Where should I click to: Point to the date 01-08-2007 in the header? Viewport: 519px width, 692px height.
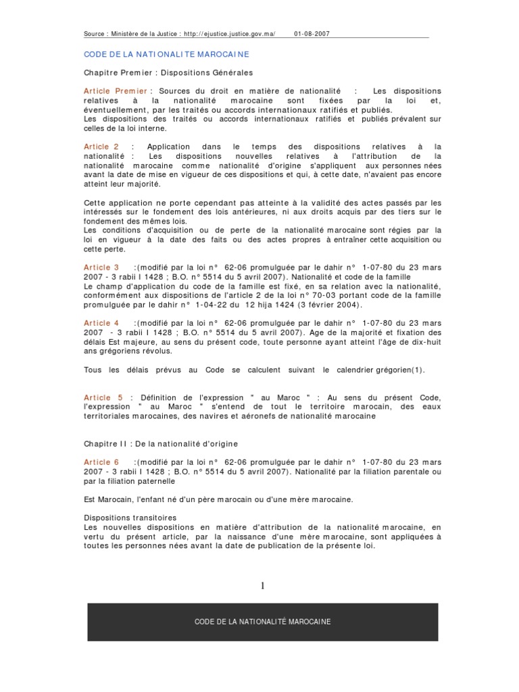[312, 32]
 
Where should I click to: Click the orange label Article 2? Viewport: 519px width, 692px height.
[101, 146]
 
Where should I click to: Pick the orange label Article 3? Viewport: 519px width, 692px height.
[101, 268]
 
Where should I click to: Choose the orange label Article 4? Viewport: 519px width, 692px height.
[101, 323]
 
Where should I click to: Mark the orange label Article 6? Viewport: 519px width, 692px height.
[101, 462]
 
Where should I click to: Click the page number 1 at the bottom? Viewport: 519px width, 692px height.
[262, 585]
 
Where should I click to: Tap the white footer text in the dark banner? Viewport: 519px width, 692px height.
[262, 622]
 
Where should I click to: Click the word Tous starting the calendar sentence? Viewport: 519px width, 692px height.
[94, 370]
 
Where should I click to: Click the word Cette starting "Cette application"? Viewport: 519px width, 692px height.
[95, 202]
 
